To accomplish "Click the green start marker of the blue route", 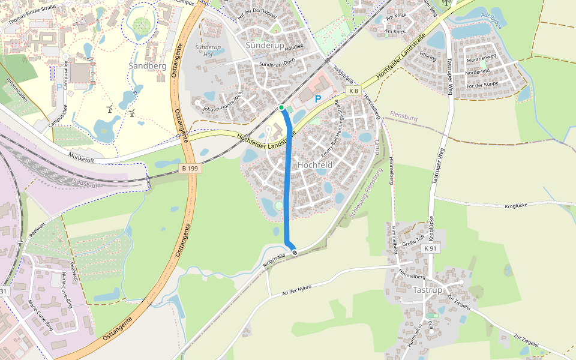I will pyautogui.click(x=281, y=107).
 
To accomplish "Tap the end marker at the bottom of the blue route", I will pyautogui.click(x=295, y=253).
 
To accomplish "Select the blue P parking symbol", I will pyautogui.click(x=318, y=100).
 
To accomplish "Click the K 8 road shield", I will pyautogui.click(x=353, y=91).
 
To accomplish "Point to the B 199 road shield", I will pyautogui.click(x=190, y=169).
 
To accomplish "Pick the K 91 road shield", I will pyautogui.click(x=430, y=248).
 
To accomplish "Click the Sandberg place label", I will pyautogui.click(x=148, y=65).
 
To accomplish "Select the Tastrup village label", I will pyautogui.click(x=428, y=290).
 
